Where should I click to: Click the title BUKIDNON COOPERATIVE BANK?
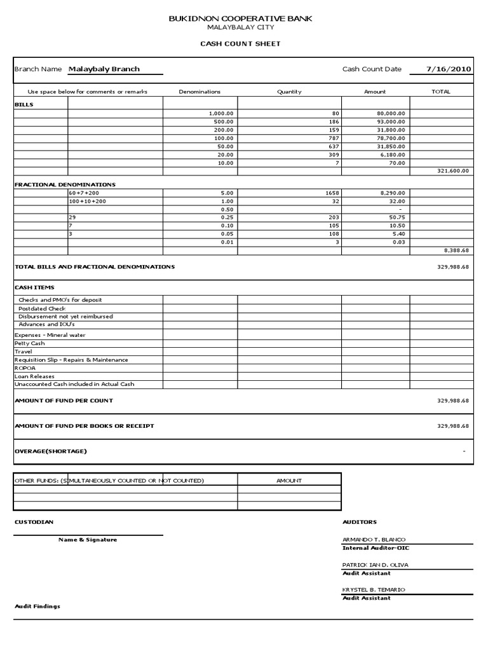point(240,20)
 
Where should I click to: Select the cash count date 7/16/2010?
point(449,69)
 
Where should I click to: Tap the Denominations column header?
point(200,92)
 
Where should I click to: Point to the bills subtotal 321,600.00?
point(453,170)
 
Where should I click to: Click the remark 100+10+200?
point(88,201)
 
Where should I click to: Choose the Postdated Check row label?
point(42,308)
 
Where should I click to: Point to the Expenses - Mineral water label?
point(50,335)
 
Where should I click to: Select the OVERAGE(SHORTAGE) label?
point(50,451)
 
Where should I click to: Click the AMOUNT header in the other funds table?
point(289,481)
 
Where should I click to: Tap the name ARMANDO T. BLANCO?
point(374,539)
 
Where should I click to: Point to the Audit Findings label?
point(37,606)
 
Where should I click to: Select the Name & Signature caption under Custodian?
point(88,540)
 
